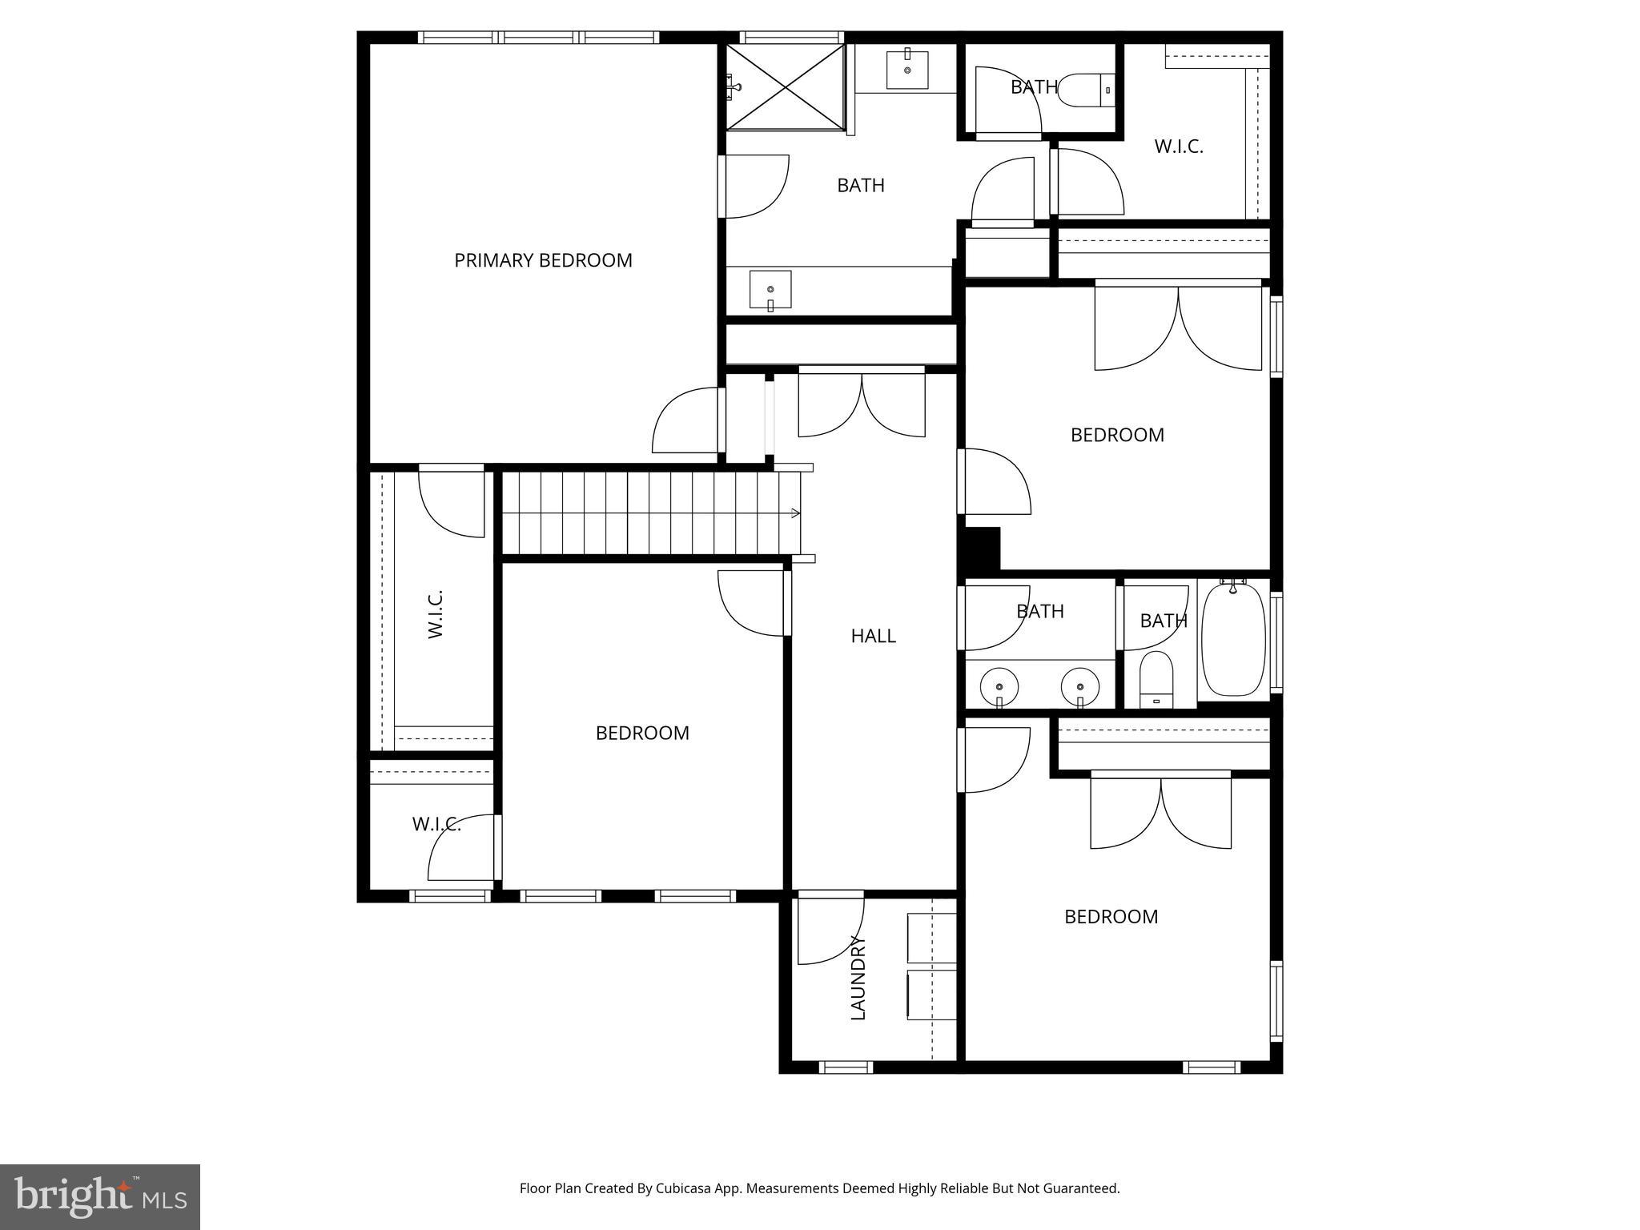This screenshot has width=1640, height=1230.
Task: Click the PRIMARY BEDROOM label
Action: pyautogui.click(x=543, y=260)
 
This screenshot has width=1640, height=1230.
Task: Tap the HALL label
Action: pyautogui.click(x=873, y=636)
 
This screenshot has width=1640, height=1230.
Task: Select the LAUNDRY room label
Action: pyautogui.click(x=858, y=978)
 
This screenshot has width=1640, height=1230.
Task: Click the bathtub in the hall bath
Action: pyautogui.click(x=1234, y=640)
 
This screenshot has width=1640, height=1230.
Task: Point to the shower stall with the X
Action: pyautogui.click(x=785, y=86)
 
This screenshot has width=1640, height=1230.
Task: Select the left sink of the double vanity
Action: pyautogui.click(x=999, y=686)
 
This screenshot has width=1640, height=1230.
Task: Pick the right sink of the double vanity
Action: pyautogui.click(x=1080, y=686)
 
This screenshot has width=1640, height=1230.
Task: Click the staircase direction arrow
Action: pyautogui.click(x=795, y=513)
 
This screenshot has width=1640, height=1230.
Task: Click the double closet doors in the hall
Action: pyautogui.click(x=862, y=404)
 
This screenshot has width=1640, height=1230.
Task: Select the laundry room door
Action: pyautogui.click(x=830, y=929)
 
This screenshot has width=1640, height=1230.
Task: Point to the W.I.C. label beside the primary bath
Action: pyautogui.click(x=1179, y=147)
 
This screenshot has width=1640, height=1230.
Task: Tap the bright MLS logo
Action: pyautogui.click(x=100, y=1196)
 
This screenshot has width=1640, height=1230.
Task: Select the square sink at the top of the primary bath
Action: pyautogui.click(x=907, y=70)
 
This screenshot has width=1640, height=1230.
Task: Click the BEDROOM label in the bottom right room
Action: pyautogui.click(x=1111, y=917)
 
